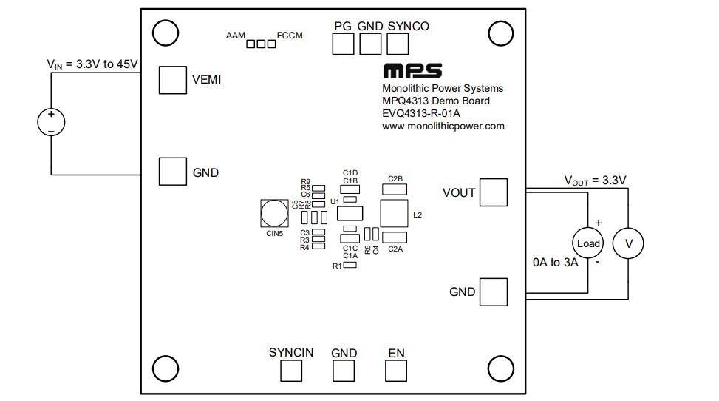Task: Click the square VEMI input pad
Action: tap(172, 80)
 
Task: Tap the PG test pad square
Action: tap(343, 44)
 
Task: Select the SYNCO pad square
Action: tap(398, 44)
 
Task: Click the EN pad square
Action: tap(396, 371)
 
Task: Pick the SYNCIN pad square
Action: tap(291, 371)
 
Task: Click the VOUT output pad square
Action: tap(494, 192)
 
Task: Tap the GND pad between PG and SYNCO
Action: tap(370, 44)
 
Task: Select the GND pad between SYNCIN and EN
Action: tap(344, 371)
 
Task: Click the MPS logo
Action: tap(412, 71)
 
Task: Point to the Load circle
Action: tap(588, 243)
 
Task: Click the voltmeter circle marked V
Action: tap(630, 243)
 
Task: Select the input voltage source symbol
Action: tap(51, 122)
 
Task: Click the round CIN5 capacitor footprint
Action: tap(273, 213)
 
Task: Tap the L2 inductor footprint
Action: tap(395, 213)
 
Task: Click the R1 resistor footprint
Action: tap(350, 265)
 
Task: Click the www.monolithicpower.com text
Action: tap(443, 127)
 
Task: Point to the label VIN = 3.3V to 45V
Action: tap(92, 64)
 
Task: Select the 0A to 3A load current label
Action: tap(555, 263)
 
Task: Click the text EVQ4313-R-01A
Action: tap(421, 114)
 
